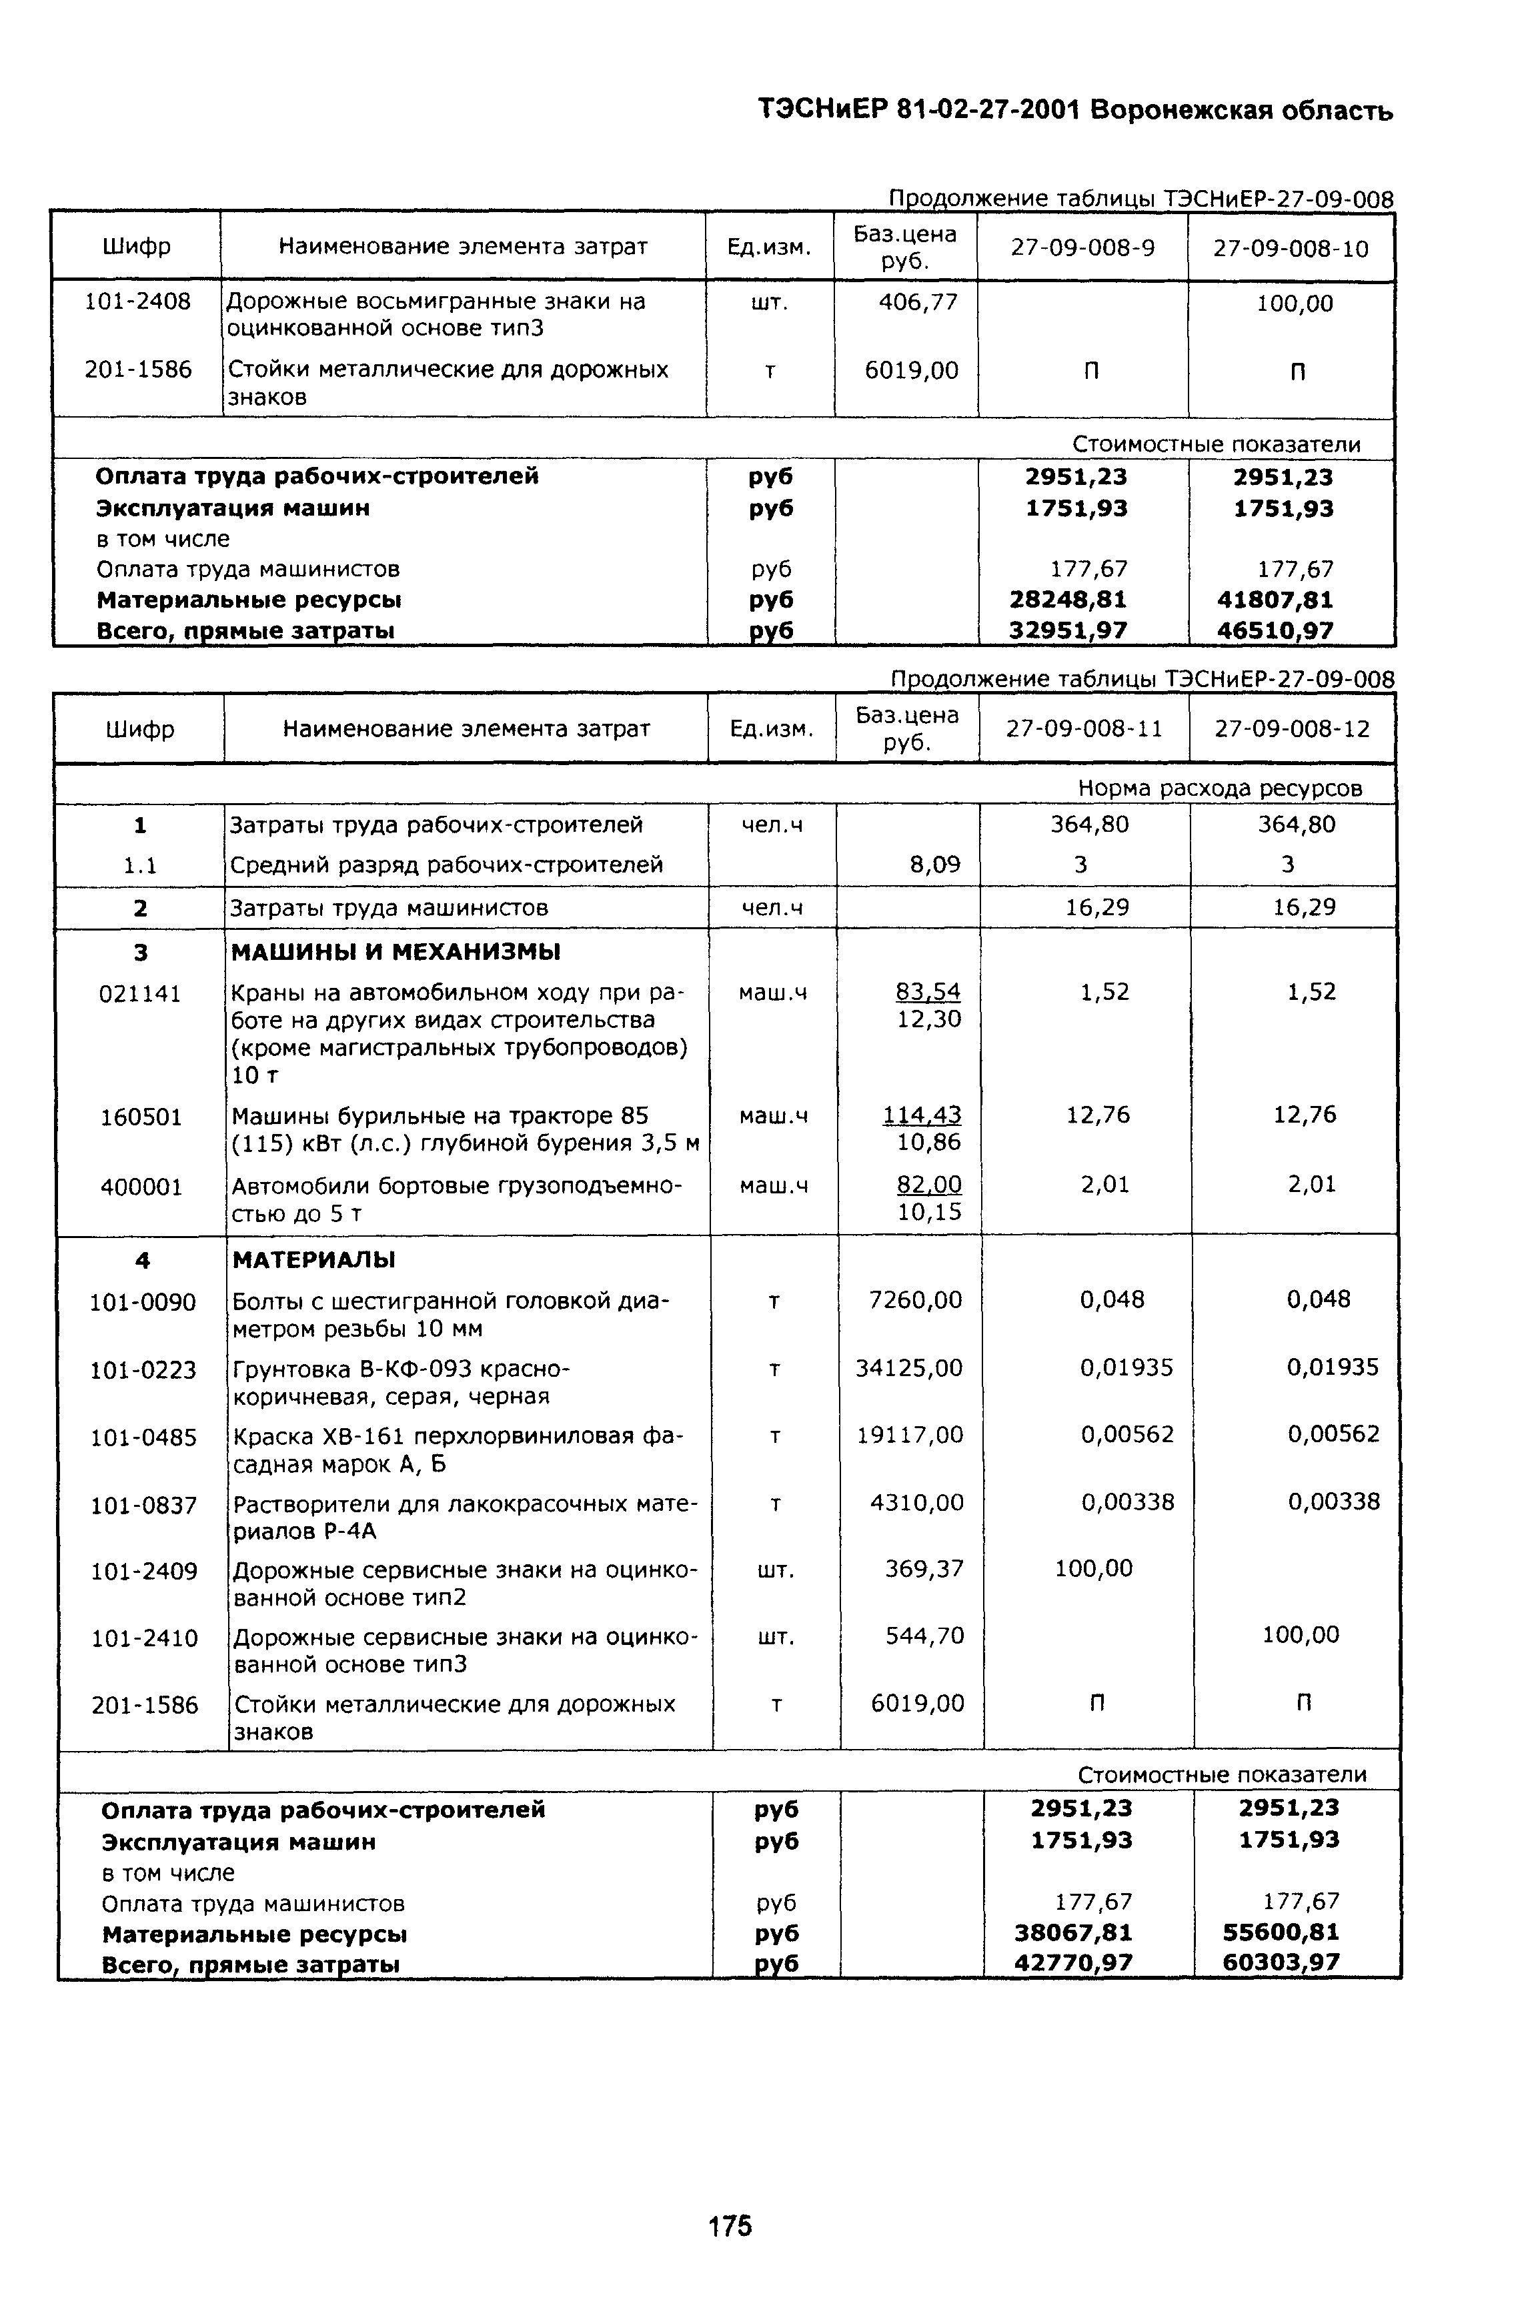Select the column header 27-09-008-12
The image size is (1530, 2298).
[x=1292, y=729]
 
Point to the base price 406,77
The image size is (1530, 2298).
[x=918, y=302]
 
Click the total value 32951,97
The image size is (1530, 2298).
[x=1068, y=630]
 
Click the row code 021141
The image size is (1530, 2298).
[x=141, y=993]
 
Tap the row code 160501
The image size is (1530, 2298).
[x=141, y=1116]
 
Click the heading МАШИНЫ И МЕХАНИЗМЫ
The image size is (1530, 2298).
[x=396, y=951]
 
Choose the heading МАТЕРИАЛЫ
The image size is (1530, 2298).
[x=313, y=1260]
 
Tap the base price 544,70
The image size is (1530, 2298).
[x=924, y=1634]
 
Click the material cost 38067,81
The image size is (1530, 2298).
[x=1073, y=1932]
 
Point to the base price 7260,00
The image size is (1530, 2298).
[x=915, y=1300]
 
